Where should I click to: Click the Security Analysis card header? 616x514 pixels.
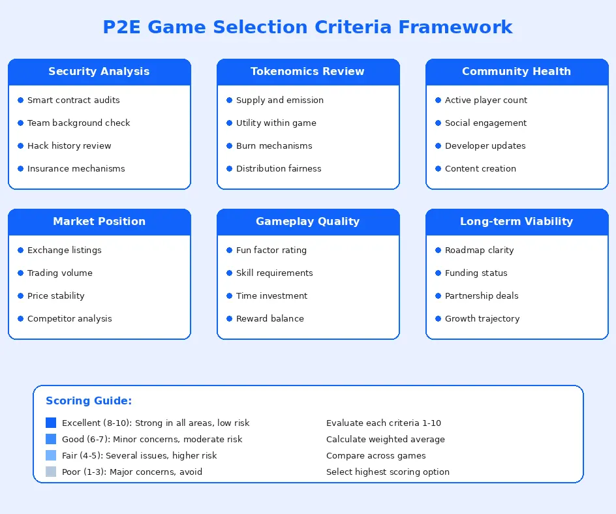click(99, 72)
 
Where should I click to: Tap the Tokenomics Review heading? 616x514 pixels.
click(308, 72)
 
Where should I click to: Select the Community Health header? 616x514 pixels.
click(517, 72)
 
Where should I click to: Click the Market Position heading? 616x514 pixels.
click(99, 222)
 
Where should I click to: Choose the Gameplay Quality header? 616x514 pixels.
click(308, 222)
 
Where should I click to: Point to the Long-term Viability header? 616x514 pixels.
click(517, 222)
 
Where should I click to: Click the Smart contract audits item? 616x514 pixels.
click(74, 100)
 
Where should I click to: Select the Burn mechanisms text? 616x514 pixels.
click(274, 146)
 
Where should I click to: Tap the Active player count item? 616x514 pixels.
click(486, 100)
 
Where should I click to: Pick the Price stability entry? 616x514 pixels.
click(56, 296)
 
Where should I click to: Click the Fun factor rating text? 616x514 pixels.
click(271, 250)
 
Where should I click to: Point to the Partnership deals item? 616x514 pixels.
click(482, 296)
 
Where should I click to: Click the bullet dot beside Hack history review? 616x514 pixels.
click(20, 146)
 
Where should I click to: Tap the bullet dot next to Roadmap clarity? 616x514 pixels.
click(438, 250)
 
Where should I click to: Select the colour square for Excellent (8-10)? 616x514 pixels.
click(51, 423)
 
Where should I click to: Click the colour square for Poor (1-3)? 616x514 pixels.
click(51, 472)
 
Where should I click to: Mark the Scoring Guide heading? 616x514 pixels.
click(89, 401)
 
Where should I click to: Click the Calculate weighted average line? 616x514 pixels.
click(386, 440)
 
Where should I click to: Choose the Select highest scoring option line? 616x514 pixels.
click(388, 472)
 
